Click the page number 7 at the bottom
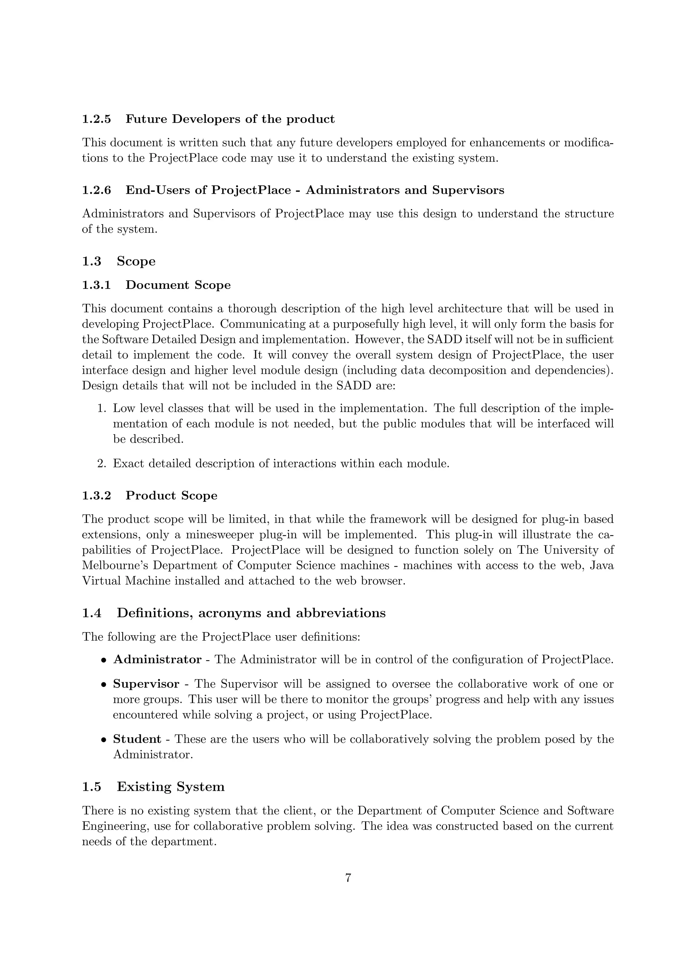pyautogui.click(x=348, y=878)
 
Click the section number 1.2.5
pyautogui.click(x=96, y=119)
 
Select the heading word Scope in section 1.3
pyautogui.click(x=136, y=261)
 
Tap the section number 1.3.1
pyautogui.click(x=96, y=285)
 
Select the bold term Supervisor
pyautogui.click(x=146, y=684)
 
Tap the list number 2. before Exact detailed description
pyautogui.click(x=102, y=463)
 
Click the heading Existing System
pyautogui.click(x=171, y=787)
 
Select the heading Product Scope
pyautogui.click(x=172, y=496)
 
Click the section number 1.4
pyautogui.click(x=91, y=613)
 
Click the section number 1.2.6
pyautogui.click(x=96, y=190)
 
